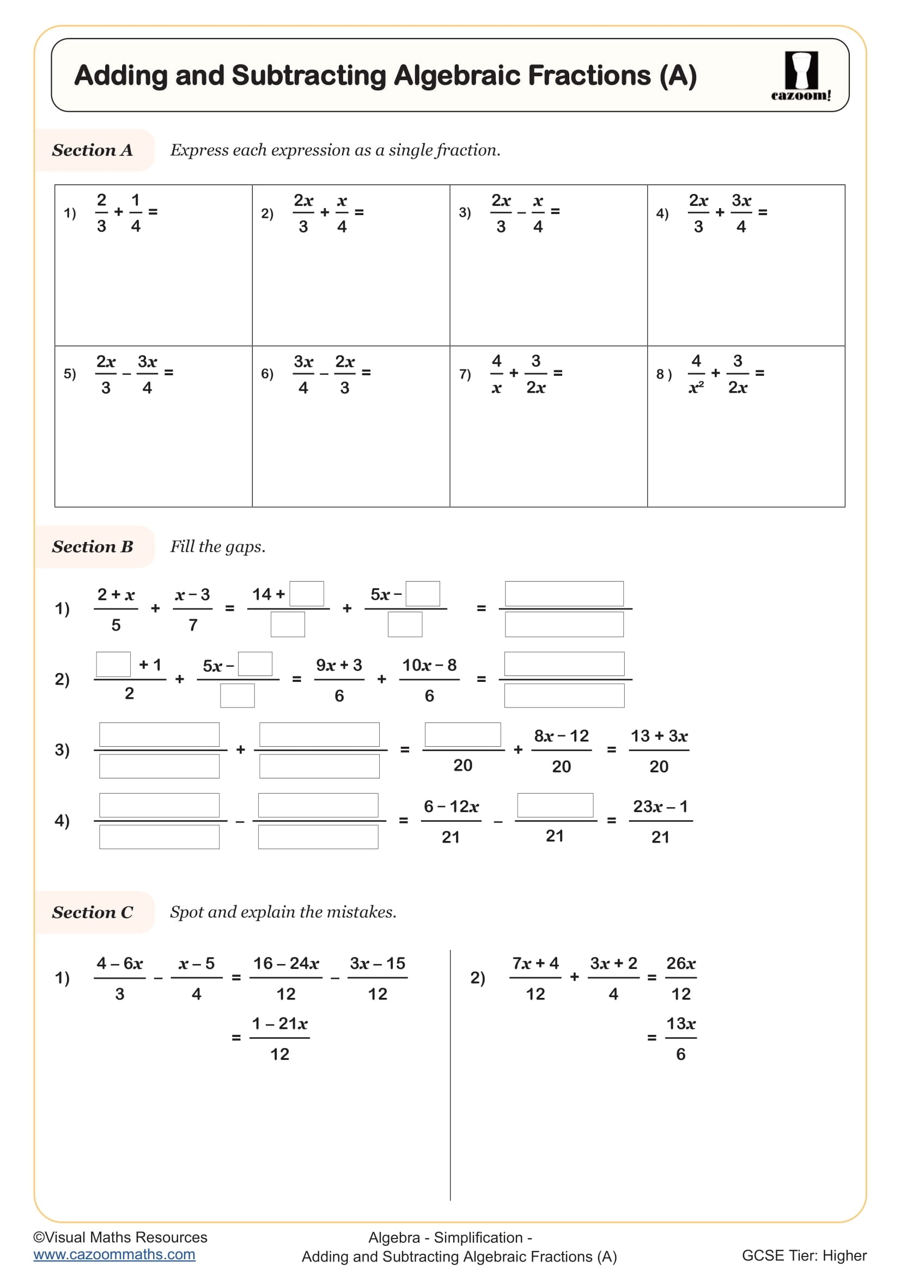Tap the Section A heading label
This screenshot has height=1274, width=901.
click(92, 150)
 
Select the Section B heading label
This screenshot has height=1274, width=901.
click(92, 546)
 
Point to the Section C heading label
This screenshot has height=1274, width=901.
click(92, 912)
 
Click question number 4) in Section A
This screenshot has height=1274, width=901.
click(662, 213)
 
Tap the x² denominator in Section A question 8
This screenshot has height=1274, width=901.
click(696, 388)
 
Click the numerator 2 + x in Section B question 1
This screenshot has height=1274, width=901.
click(116, 594)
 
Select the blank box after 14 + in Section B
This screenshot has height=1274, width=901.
click(307, 594)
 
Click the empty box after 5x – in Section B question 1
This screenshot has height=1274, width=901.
click(423, 594)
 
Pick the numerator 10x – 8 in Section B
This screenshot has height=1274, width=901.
click(429, 665)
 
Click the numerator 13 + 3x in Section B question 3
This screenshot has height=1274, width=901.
click(659, 736)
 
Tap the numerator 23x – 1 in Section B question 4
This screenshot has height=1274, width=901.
click(660, 806)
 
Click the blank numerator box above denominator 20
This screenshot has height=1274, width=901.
click(462, 734)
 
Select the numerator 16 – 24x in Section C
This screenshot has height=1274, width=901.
click(286, 964)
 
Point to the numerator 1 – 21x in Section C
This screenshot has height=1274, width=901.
click(279, 1023)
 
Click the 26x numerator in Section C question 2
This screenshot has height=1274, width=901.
click(681, 964)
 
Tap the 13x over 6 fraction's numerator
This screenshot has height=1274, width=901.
click(681, 1023)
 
